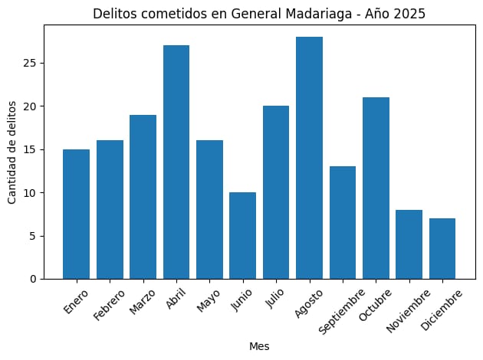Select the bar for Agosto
(309, 158)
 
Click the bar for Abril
(176, 162)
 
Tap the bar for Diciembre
(442, 248)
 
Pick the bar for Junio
(242, 235)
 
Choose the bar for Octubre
(376, 188)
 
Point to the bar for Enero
(76, 214)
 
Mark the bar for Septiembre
(343, 222)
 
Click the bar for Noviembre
(409, 244)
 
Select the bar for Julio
(276, 192)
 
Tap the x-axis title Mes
(259, 346)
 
